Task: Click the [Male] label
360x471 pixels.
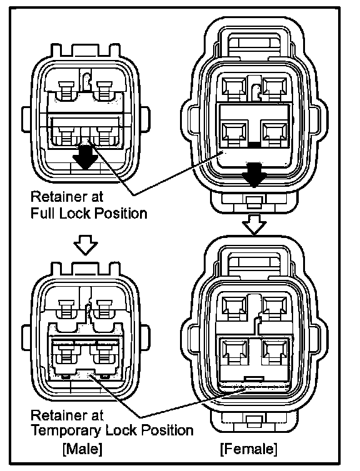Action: pyautogui.click(x=82, y=449)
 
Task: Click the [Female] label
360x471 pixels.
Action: pyautogui.click(x=249, y=449)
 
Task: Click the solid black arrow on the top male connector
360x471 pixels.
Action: pyautogui.click(x=86, y=157)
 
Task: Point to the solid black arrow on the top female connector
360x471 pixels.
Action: pyautogui.click(x=254, y=175)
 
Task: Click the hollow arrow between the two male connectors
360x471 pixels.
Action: pyautogui.click(x=86, y=244)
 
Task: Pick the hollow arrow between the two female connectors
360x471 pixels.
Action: pyautogui.click(x=254, y=224)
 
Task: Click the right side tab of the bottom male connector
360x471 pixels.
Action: pyautogui.click(x=145, y=337)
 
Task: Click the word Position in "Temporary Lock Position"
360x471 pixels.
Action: pyautogui.click(x=167, y=431)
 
